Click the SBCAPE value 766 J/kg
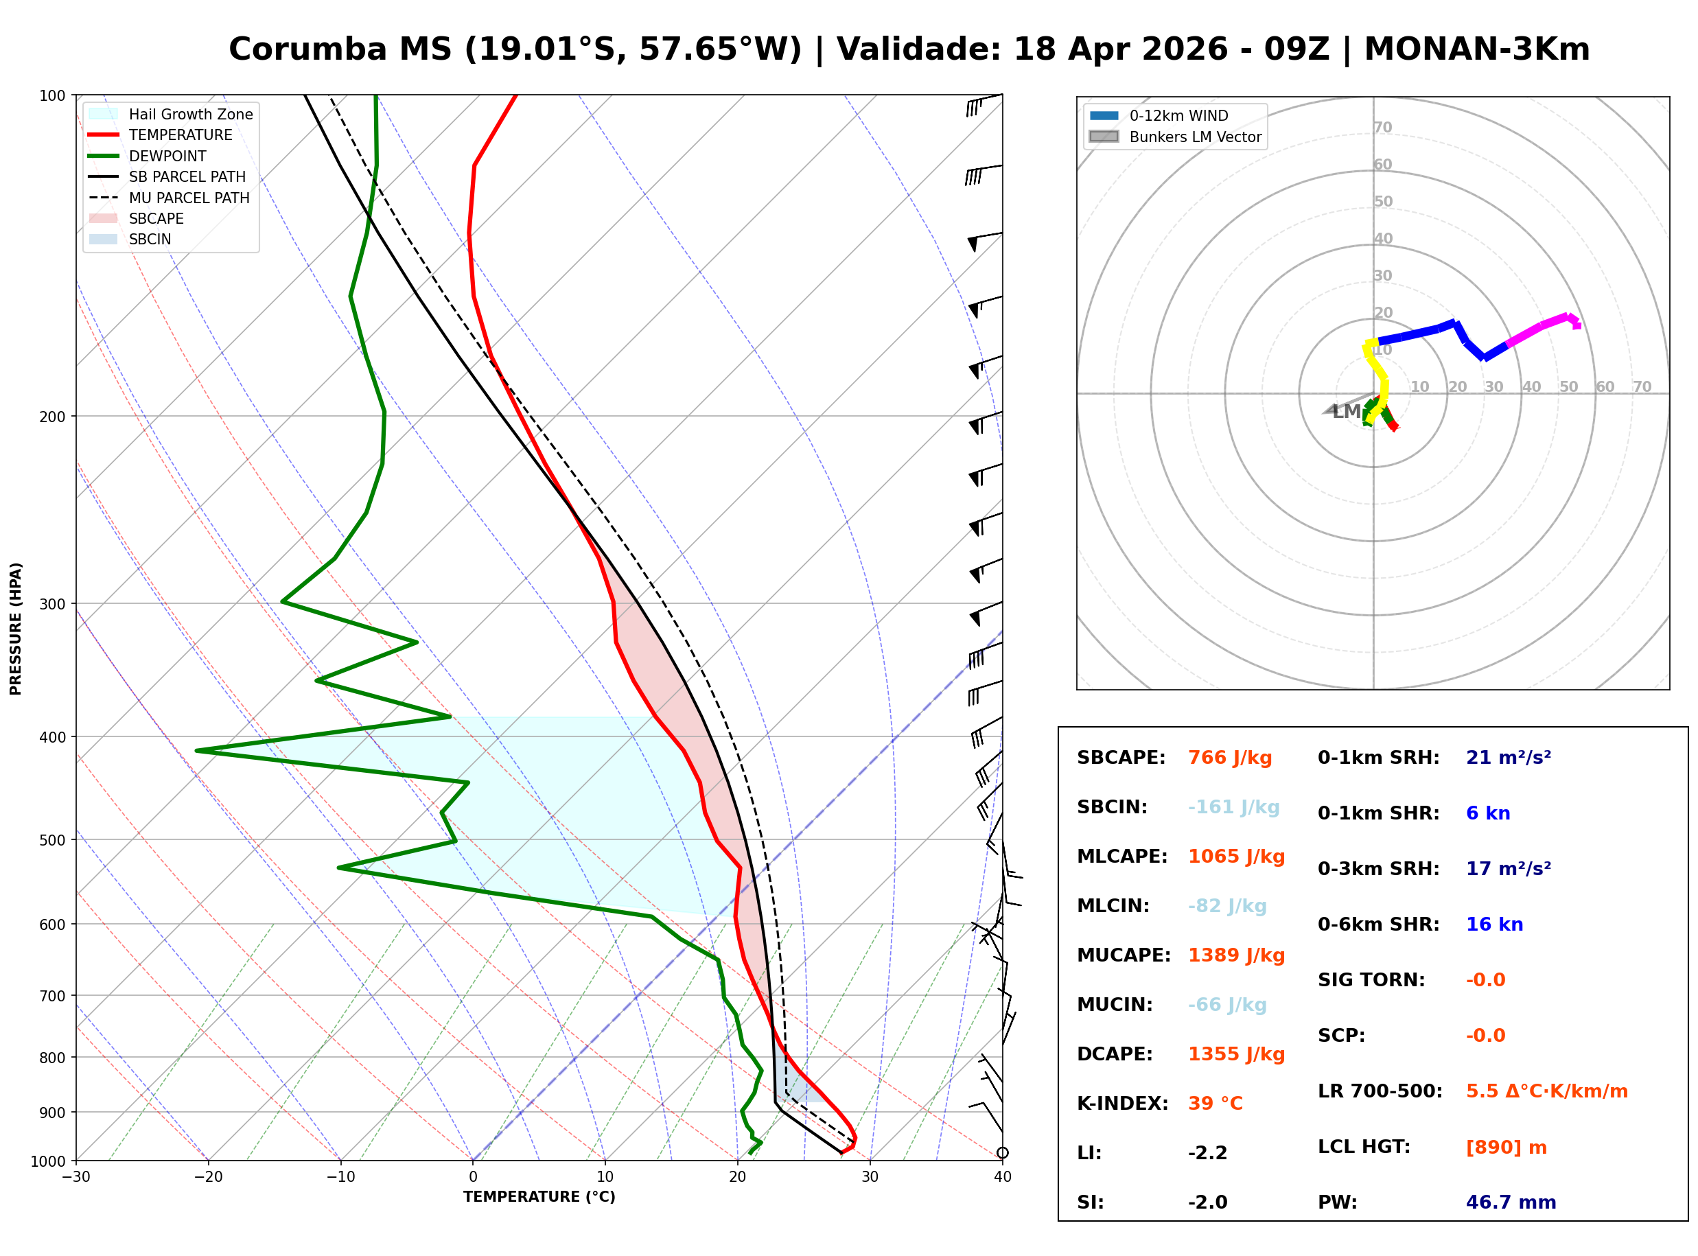coord(1229,758)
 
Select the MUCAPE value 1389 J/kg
coord(1236,955)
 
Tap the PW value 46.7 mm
coord(1510,1202)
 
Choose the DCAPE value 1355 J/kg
coord(1236,1054)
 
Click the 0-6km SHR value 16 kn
coord(1493,924)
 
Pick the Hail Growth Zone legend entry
coord(190,114)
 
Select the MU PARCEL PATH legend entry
coord(189,198)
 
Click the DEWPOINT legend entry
coord(167,156)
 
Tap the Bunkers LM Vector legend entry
coord(1194,137)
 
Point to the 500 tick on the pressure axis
coord(51,840)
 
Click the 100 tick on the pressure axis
coord(51,95)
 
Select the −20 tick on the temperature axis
coord(207,1177)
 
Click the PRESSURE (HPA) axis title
coord(15,628)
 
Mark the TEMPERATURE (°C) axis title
coord(539,1197)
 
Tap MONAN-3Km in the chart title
coord(1476,49)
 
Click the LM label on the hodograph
coord(1346,412)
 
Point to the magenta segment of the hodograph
coord(1539,329)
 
